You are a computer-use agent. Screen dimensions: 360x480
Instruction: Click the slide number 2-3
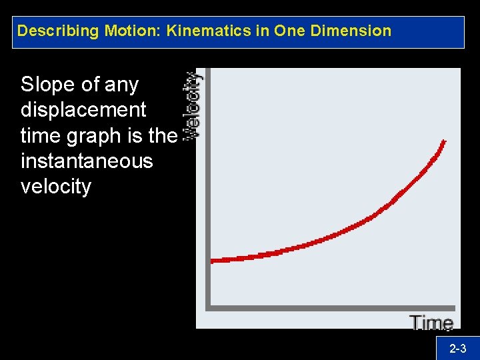457,348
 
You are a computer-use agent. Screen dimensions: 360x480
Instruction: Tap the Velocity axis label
193,105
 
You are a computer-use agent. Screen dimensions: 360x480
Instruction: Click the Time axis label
432,323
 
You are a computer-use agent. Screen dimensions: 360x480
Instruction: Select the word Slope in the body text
47,85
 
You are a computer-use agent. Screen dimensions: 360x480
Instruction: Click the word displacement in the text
83,110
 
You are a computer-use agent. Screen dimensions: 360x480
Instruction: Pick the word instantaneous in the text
87,161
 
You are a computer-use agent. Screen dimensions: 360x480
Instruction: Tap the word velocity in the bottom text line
55,186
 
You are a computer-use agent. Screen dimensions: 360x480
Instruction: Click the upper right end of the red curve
444,141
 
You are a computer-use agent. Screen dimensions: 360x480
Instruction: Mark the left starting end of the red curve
213,261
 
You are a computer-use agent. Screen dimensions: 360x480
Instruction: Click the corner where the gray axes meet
208,308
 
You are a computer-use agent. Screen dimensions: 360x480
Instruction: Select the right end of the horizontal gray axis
454,308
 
